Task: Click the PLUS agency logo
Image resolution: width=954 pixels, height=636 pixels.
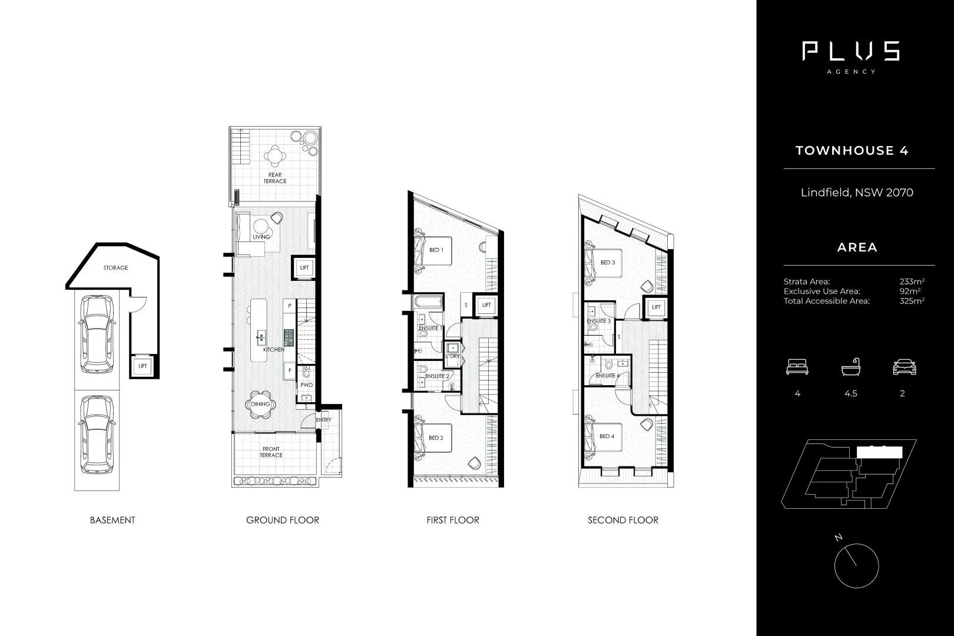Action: tap(850, 52)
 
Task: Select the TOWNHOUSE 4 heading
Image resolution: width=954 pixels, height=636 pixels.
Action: tap(852, 151)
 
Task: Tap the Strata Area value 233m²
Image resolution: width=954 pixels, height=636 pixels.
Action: tap(912, 281)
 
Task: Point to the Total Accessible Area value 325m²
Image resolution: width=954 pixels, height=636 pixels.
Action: tap(912, 301)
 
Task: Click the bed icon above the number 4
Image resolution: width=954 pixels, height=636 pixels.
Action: tap(797, 368)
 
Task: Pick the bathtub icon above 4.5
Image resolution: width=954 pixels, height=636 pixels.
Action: tap(850, 367)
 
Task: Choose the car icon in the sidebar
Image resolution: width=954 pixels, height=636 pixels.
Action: tap(905, 368)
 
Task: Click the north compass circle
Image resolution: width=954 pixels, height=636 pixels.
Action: tap(856, 566)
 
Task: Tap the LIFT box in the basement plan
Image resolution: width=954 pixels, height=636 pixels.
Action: tap(143, 366)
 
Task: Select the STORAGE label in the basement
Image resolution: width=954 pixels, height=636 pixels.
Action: tap(115, 268)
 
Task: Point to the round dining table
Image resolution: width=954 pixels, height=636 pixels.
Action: tap(260, 405)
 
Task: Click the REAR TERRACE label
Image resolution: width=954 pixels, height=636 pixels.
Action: tap(275, 178)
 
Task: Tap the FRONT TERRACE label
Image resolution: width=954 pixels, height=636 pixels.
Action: tap(271, 452)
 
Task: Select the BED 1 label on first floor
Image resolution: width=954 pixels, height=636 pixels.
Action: tap(436, 250)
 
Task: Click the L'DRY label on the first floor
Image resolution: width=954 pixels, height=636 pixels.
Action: tap(452, 356)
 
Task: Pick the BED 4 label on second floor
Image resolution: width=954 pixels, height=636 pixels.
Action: tap(607, 436)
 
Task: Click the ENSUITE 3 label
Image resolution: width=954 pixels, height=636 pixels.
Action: tap(599, 321)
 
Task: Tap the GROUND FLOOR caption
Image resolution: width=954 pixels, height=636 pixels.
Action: tap(283, 521)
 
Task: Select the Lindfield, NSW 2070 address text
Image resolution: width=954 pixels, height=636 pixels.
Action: tap(857, 193)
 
